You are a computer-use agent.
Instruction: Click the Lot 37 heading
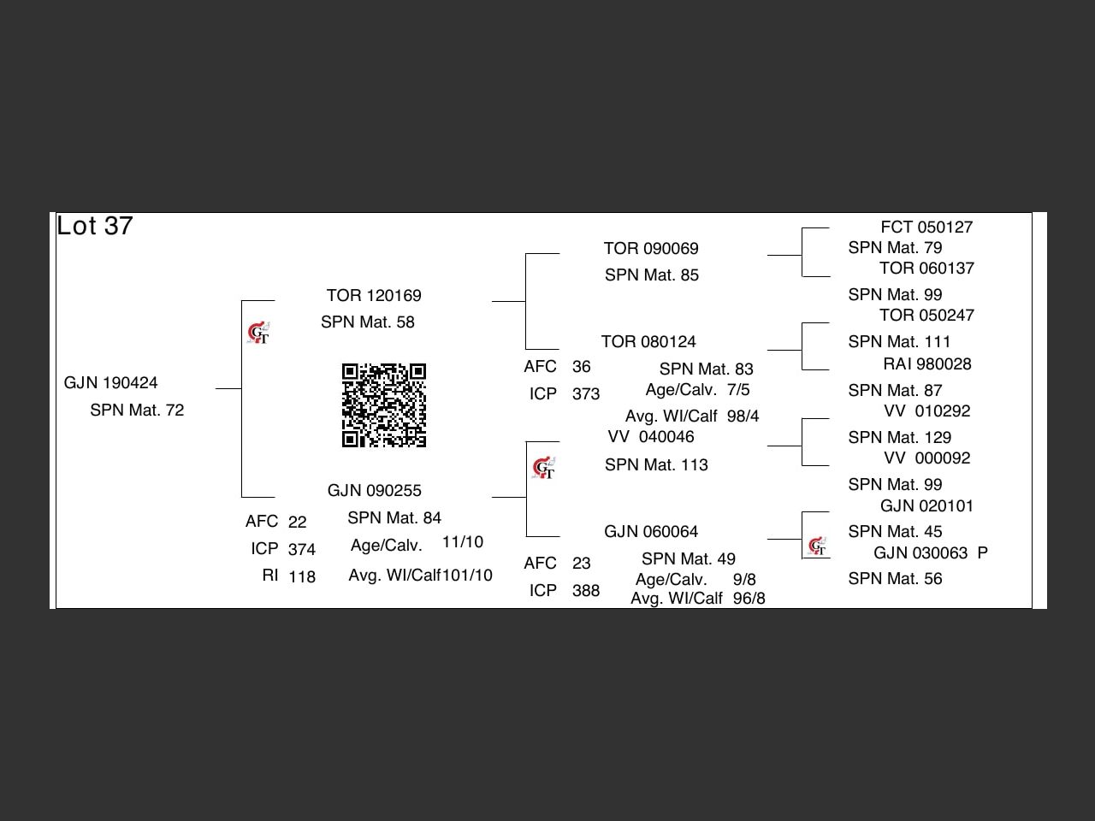[x=95, y=226]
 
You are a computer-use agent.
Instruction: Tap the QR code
[x=384, y=405]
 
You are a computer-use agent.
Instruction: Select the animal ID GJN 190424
[x=111, y=382]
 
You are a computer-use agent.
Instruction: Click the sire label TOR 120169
[x=374, y=296]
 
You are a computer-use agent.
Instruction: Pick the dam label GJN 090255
[x=375, y=491]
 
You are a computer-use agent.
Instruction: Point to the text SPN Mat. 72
[x=137, y=410]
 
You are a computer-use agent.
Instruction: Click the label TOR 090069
[x=651, y=249]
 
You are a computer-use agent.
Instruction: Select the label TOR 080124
[x=648, y=342]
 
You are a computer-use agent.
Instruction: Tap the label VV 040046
[x=651, y=437]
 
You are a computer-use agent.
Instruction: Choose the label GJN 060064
[x=651, y=532]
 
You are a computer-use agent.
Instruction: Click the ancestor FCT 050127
[x=926, y=227]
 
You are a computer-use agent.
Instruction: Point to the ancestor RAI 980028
[x=927, y=364]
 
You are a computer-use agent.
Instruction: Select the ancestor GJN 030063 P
[x=931, y=553]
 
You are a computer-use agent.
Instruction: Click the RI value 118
[x=302, y=577]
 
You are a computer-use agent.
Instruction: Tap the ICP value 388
[x=586, y=591]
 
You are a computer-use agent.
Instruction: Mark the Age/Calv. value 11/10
[x=463, y=542]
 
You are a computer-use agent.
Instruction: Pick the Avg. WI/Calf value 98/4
[x=743, y=416]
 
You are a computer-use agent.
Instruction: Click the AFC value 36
[x=582, y=367]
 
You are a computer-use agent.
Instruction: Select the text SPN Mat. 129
[x=900, y=438]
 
